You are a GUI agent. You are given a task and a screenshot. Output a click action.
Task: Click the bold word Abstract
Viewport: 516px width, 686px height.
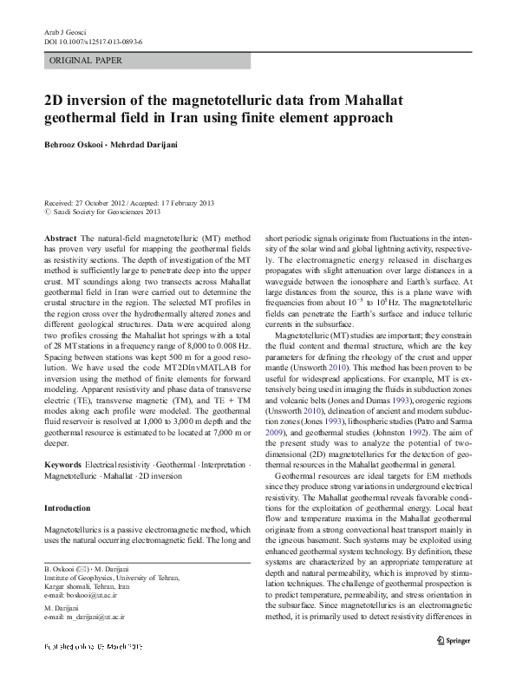(60, 238)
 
